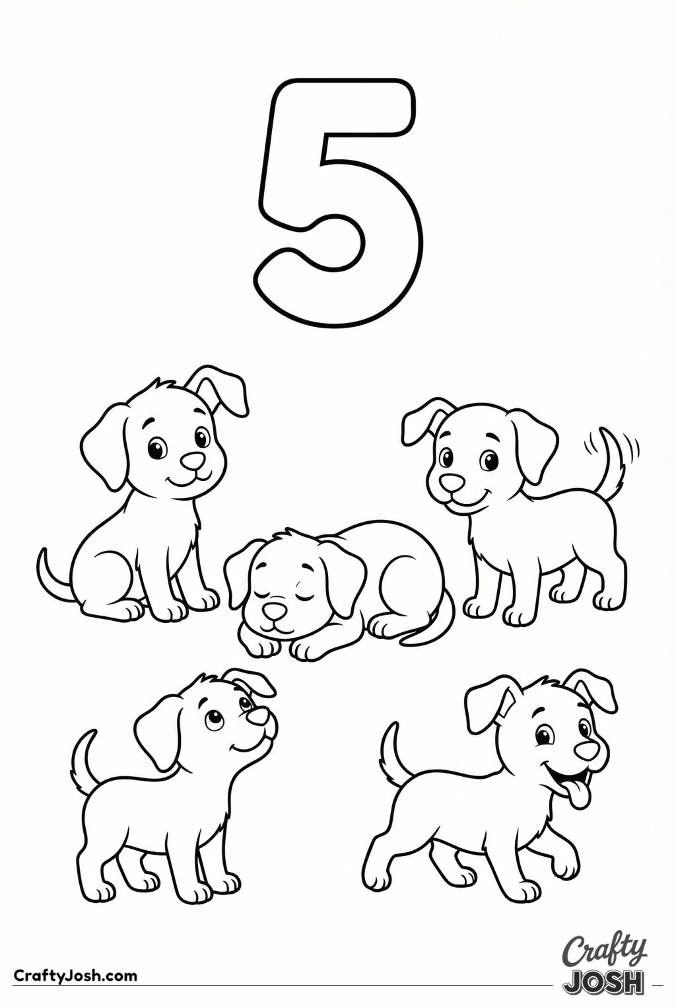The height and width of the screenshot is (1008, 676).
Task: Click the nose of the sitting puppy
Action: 193,460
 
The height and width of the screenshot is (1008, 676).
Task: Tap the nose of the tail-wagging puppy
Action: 451,482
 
